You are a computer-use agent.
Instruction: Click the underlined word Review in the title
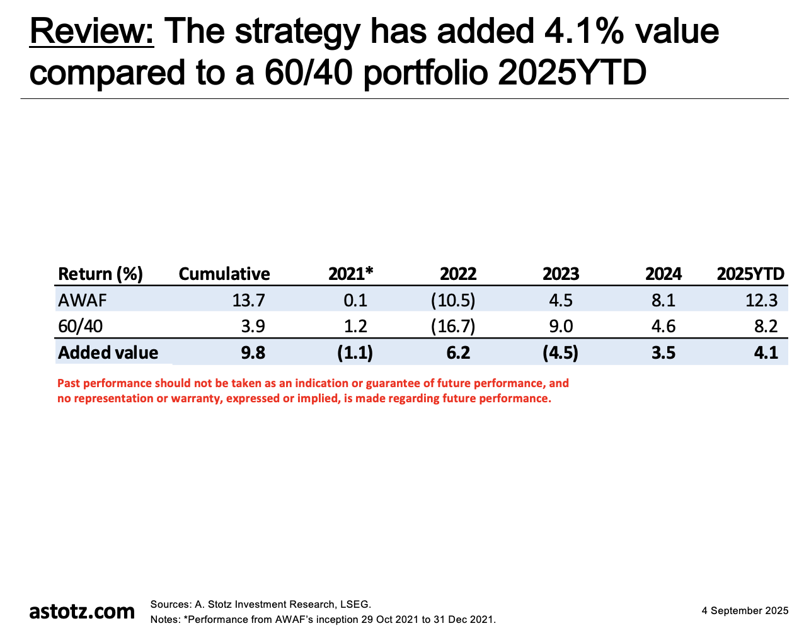click(x=91, y=32)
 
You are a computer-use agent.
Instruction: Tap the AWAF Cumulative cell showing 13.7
click(x=248, y=300)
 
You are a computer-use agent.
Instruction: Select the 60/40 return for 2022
click(x=453, y=326)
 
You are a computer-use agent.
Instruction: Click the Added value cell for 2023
click(x=560, y=352)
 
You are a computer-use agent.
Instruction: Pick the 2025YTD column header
click(x=750, y=274)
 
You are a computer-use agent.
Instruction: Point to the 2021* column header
click(x=351, y=274)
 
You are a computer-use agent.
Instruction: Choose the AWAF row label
click(x=82, y=300)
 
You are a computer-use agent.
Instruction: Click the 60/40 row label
click(x=79, y=326)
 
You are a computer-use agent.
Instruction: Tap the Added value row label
click(x=108, y=352)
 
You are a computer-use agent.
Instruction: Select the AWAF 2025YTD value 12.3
click(x=761, y=300)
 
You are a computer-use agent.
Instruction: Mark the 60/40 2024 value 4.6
click(x=663, y=326)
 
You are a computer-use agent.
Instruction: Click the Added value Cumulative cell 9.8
click(x=253, y=352)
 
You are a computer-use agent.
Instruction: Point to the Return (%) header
click(x=100, y=274)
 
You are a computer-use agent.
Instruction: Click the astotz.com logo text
click(x=82, y=611)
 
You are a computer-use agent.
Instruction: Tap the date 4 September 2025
click(x=745, y=610)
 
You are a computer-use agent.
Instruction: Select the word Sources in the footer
click(x=169, y=604)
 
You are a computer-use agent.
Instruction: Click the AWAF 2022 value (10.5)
click(x=453, y=300)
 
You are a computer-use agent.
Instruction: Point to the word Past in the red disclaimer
click(x=69, y=383)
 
